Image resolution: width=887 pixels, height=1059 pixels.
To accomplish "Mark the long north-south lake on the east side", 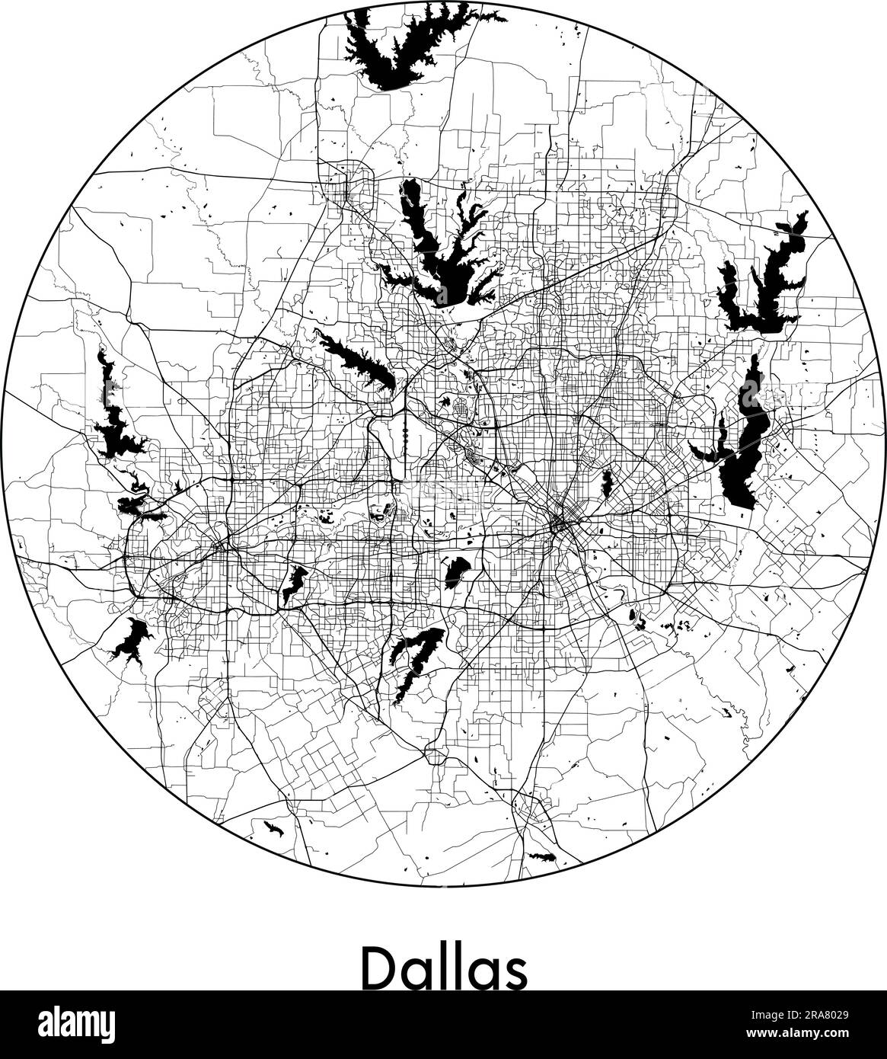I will point(742,442).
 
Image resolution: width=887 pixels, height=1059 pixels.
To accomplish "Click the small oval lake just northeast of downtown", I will point(608,482).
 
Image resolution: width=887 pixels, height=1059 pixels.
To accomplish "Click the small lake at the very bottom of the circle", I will point(543,856).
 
